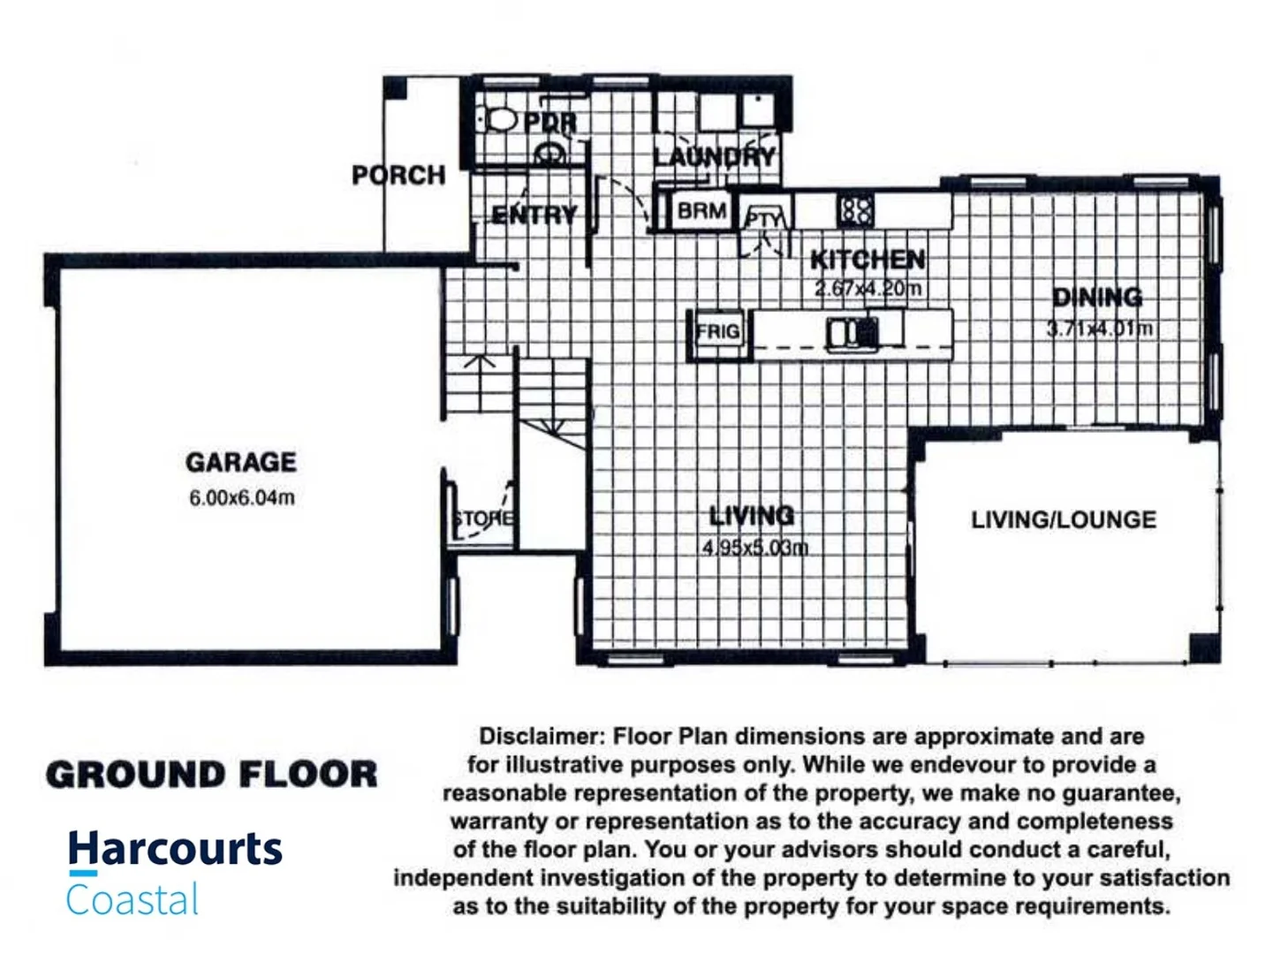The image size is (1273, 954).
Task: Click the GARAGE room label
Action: pos(240,462)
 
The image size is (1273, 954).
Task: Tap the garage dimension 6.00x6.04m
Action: pos(241,497)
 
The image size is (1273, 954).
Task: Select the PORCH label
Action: pos(398,175)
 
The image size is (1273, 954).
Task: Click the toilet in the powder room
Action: pos(500,118)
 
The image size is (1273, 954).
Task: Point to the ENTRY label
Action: pos(534,215)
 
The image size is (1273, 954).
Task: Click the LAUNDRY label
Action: pos(715,157)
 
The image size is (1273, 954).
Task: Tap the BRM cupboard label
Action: pos(701,211)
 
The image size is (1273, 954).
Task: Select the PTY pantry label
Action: pos(763,218)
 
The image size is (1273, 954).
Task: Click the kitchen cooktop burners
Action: pos(855,210)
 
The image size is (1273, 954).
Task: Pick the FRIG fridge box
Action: pos(717,332)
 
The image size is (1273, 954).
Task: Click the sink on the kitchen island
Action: pos(852,332)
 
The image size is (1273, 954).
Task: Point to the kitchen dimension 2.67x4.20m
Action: pos(868,288)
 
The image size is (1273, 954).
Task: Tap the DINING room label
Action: pos(1097,297)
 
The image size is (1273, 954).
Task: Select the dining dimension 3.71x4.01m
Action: pos(1099,329)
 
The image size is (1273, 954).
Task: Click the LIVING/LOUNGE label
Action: pos(1063,519)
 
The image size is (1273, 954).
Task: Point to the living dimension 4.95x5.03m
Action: pos(754,548)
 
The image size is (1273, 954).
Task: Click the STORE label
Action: pos(482,519)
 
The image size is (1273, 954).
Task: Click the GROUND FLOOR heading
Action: pos(211,775)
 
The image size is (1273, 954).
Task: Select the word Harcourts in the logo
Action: pos(175,849)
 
